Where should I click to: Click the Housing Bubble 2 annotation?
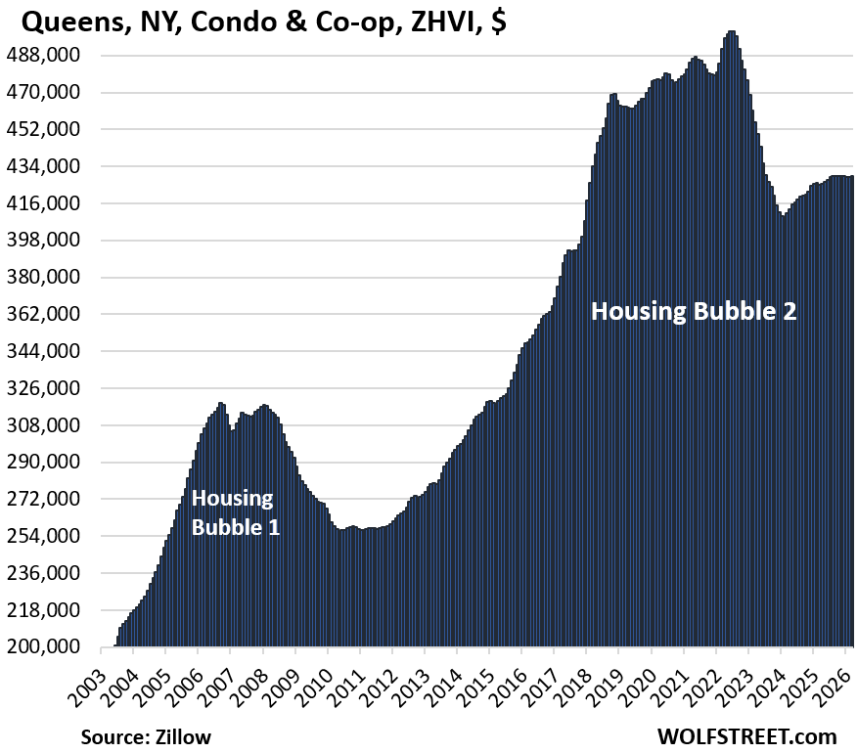[694, 312]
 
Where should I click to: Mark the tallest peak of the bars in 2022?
[732, 32]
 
